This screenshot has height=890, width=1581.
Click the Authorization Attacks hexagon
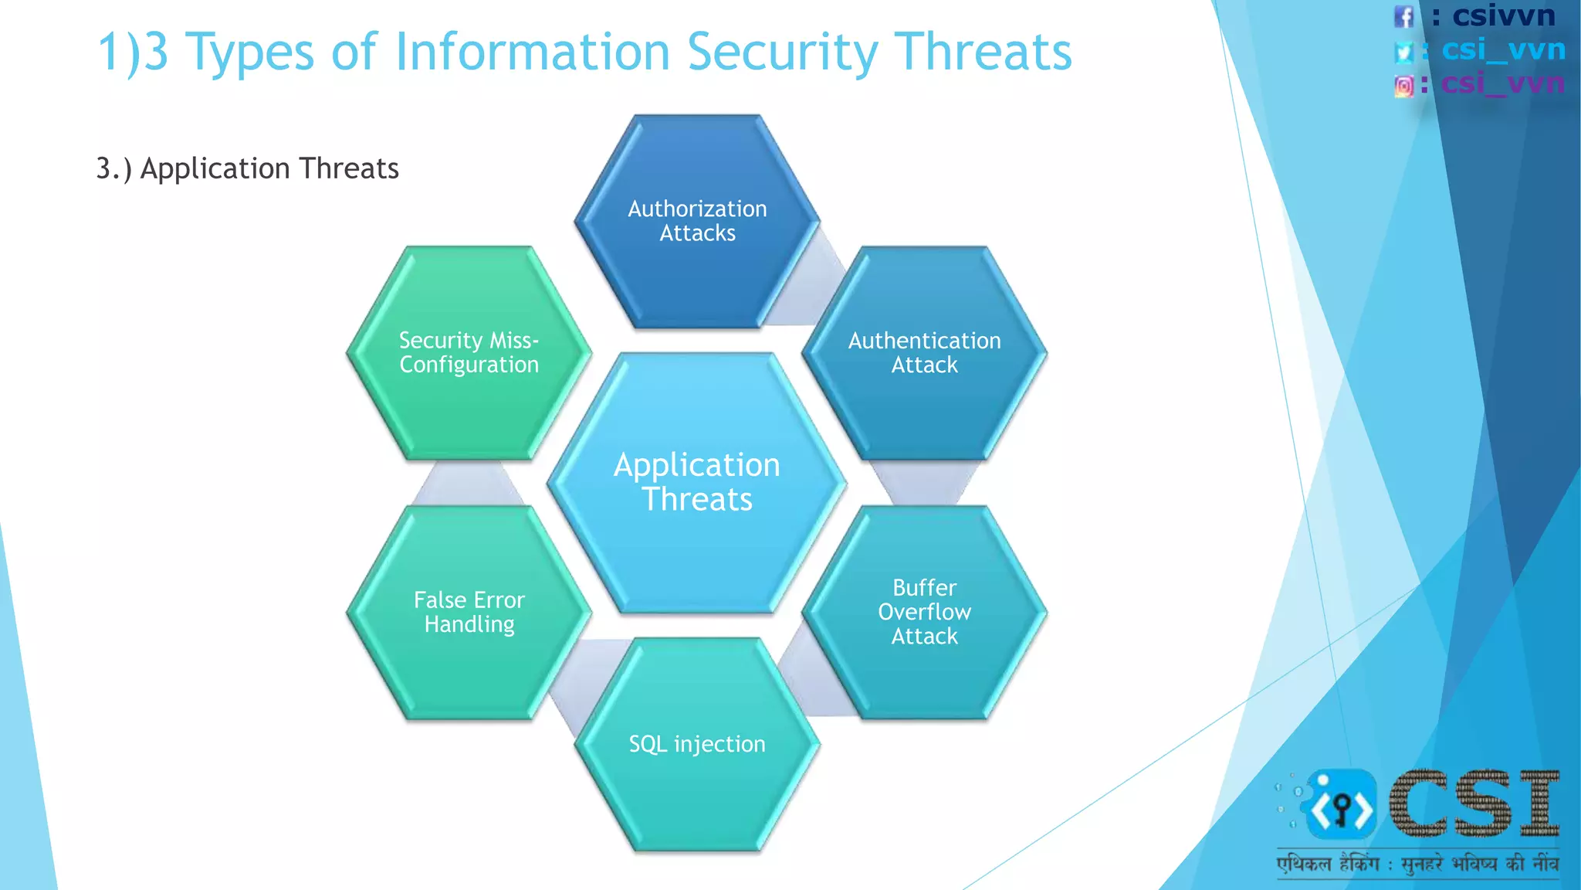pos(697,222)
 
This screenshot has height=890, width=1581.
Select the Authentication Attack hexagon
pos(924,353)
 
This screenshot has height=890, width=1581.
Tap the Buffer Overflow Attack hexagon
pos(924,612)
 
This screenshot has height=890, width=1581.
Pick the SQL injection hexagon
pos(697,744)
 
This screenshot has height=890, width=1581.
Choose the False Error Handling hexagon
pos(469,612)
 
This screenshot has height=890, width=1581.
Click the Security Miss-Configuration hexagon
pos(469,353)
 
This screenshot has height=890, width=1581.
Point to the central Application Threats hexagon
pos(697,482)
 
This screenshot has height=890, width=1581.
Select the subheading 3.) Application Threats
pos(247,168)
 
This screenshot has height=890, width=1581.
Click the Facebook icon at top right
pos(1403,16)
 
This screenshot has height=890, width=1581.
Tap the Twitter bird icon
pos(1404,52)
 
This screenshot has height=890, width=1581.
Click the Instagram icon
pos(1404,86)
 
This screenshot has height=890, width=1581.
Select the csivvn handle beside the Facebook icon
pos(1502,15)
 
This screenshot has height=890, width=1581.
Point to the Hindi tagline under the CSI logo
pos(1417,864)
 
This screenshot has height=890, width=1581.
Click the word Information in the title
pos(532,53)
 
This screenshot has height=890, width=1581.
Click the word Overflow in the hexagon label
pos(924,612)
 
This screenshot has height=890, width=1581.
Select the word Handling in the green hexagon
pos(469,624)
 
